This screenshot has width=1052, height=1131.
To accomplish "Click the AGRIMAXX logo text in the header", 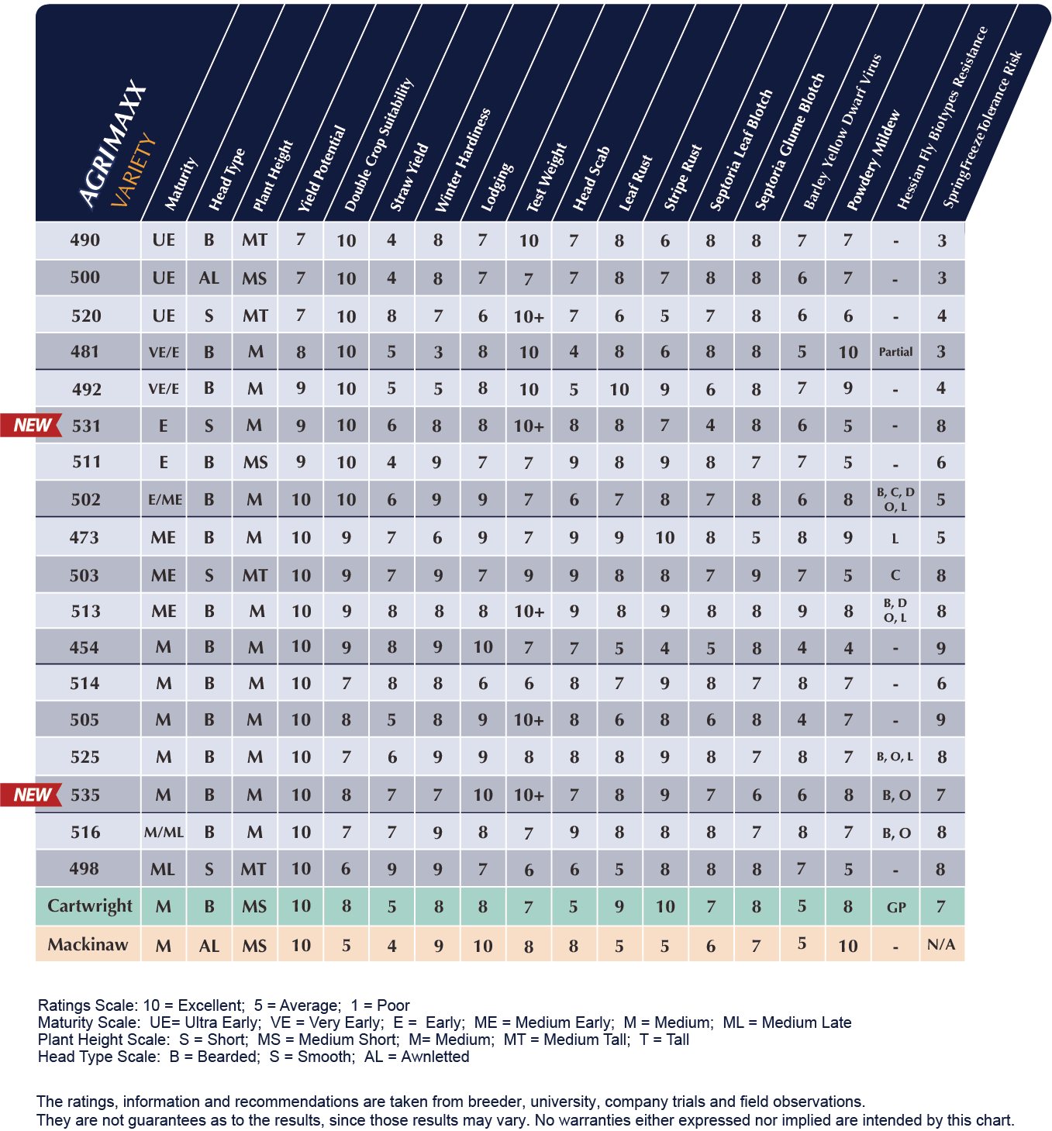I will (x=113, y=144).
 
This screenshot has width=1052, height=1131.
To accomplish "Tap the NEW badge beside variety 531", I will (x=31, y=426).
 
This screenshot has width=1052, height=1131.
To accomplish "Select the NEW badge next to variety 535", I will (x=31, y=795).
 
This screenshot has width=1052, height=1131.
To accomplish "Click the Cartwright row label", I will (x=89, y=906).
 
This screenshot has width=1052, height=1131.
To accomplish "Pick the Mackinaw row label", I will (x=88, y=945).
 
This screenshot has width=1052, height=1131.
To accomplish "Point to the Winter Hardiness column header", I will (x=462, y=160).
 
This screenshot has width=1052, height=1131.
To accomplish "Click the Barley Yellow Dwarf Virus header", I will (x=842, y=132).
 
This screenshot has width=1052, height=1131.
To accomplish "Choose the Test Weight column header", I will (x=547, y=178).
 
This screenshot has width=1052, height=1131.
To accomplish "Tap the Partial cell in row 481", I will (x=895, y=352).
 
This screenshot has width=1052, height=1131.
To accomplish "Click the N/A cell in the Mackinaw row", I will (x=941, y=945).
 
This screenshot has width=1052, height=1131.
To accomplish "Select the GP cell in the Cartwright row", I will (x=896, y=907).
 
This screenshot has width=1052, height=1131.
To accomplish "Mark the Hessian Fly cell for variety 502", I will (x=895, y=499).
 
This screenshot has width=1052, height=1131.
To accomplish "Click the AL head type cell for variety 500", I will (x=209, y=278).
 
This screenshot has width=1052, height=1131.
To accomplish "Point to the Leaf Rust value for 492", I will (x=619, y=389).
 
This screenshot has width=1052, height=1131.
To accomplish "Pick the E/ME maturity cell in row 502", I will (x=164, y=500).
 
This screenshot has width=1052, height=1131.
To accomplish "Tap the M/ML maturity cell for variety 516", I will (x=164, y=833).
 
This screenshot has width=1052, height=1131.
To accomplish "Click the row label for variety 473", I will (x=85, y=537).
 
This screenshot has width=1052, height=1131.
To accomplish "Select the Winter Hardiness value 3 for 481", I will (x=438, y=353).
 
